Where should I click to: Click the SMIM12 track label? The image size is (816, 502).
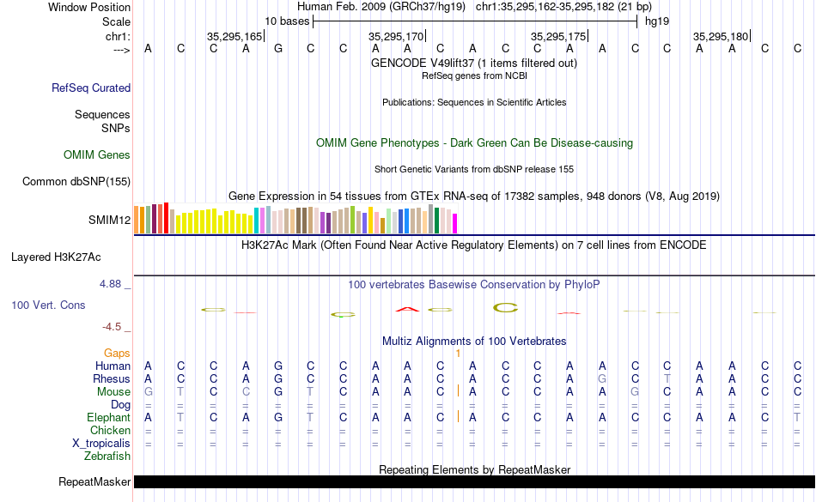coord(109,220)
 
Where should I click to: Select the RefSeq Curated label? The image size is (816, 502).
coord(91,88)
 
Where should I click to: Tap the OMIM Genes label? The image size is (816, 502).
coord(97,155)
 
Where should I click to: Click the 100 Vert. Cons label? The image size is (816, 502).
coord(48,305)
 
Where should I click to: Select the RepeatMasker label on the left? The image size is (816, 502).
coord(94,482)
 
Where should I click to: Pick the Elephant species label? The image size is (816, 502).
coord(108,417)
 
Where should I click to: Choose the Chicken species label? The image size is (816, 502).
coord(111,430)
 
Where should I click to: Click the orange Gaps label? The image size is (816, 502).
coord(117,353)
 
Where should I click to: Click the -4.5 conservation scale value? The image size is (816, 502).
coord(114,327)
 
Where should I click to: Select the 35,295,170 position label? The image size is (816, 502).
coord(396,36)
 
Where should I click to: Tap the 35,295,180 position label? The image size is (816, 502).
coord(721,36)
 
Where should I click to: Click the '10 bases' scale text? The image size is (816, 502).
coord(286,21)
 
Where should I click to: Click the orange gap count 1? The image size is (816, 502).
coord(459,353)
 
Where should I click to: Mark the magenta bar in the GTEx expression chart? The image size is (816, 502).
coord(455,222)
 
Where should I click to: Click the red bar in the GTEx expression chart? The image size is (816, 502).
coord(165,217)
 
